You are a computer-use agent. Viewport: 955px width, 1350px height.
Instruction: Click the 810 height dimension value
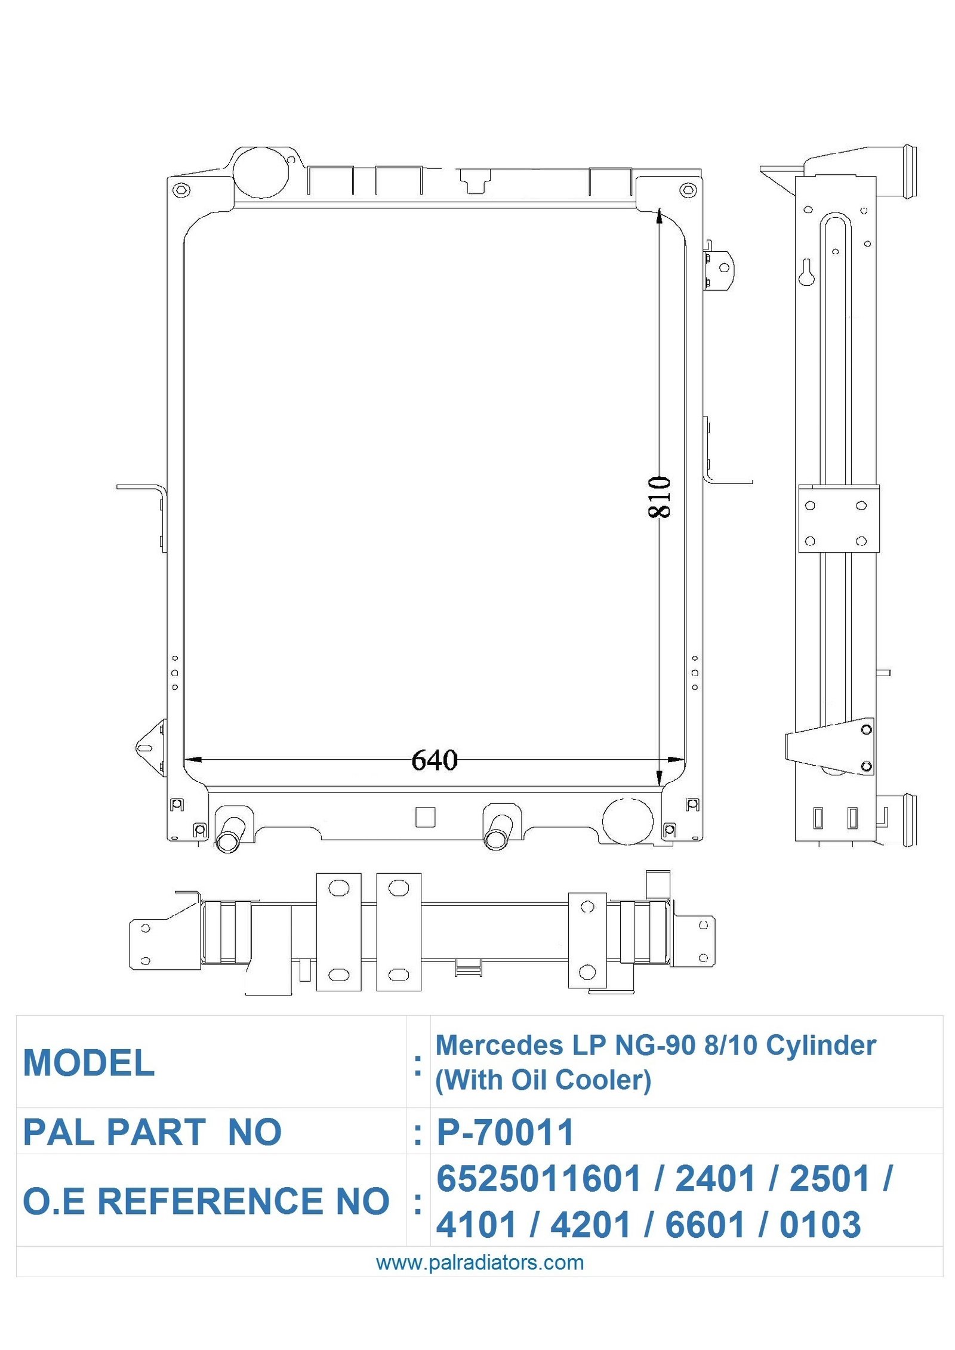[659, 497]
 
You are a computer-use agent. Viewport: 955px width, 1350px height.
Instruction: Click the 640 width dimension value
[435, 760]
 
